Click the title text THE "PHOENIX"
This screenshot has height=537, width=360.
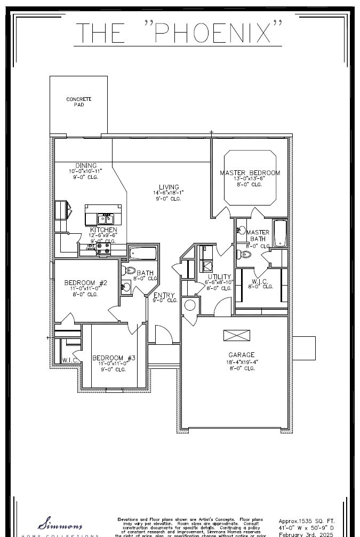pos(180,33)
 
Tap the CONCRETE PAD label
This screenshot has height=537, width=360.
pos(78,102)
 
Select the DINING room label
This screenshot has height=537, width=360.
pos(85,165)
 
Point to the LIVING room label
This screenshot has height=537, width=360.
pos(169,187)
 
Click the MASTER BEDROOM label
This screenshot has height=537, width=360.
pos(250,173)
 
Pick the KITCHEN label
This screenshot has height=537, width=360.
pos(103,230)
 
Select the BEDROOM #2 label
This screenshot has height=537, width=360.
pos(86,283)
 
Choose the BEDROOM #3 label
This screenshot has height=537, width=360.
pos(114,358)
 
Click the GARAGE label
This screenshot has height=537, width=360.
pos(241,354)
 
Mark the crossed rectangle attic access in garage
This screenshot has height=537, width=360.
pos(236,335)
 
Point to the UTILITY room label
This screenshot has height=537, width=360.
pos(219,277)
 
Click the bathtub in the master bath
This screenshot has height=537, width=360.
pos(280,234)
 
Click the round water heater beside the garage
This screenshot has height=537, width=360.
pos(189,305)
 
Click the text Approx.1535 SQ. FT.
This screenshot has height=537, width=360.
pos(306,520)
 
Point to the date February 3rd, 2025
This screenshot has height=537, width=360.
pos(306,534)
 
